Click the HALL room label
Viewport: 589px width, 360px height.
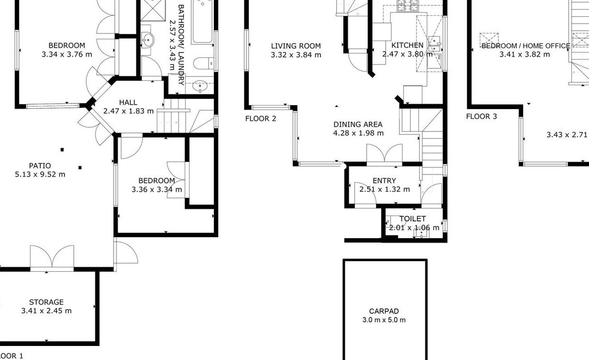(x=128, y=102)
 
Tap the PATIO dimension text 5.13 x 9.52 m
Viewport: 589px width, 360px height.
(x=40, y=174)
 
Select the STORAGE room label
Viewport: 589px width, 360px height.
(x=46, y=302)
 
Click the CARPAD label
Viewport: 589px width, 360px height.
(x=384, y=312)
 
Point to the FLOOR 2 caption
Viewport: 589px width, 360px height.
(x=261, y=119)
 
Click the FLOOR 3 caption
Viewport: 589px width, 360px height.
(x=482, y=116)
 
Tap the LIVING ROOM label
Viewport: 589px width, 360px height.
(x=296, y=46)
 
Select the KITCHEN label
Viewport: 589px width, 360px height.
(x=407, y=45)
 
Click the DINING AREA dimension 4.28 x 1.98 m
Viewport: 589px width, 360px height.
(x=358, y=133)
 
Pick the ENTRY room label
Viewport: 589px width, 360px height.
(x=384, y=181)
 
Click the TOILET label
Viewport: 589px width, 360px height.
(x=413, y=219)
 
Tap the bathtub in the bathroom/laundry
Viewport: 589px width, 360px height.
(x=202, y=22)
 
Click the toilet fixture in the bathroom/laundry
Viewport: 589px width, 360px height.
(x=203, y=63)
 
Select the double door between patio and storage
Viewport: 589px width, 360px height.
(x=52, y=258)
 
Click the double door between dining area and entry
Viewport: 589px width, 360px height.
(x=384, y=154)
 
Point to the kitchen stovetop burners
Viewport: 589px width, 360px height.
(x=408, y=6)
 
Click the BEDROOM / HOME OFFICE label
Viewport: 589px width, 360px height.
(x=526, y=46)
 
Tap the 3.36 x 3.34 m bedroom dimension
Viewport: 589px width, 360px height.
(x=157, y=189)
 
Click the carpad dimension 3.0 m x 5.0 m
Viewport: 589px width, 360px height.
(x=384, y=320)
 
